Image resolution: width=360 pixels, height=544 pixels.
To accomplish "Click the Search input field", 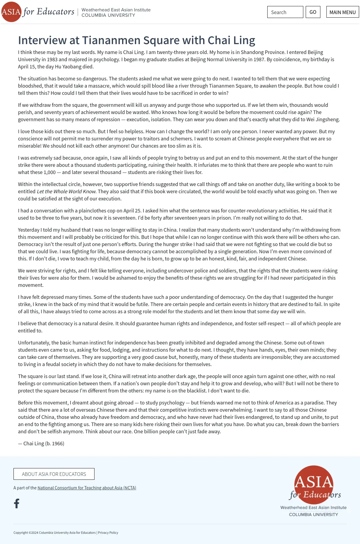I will coord(285,12).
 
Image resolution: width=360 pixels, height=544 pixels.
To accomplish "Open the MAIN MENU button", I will coord(342,12).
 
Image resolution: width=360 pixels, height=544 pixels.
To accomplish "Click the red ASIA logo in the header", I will coord(11,12).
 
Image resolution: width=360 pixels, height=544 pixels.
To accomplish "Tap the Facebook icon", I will coord(17,503).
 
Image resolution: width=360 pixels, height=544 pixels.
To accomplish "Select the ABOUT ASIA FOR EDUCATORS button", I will coord(54,474).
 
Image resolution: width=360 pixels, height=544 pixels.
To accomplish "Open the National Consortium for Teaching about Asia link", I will coord(87,488).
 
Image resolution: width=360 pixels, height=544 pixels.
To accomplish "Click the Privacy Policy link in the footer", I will coord(108,532).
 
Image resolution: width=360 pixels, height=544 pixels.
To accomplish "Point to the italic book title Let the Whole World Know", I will coord(66,191).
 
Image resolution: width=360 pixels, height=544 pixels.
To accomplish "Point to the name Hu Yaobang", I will coord(67,67).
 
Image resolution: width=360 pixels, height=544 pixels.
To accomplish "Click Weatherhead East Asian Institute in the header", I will coord(116,10).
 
